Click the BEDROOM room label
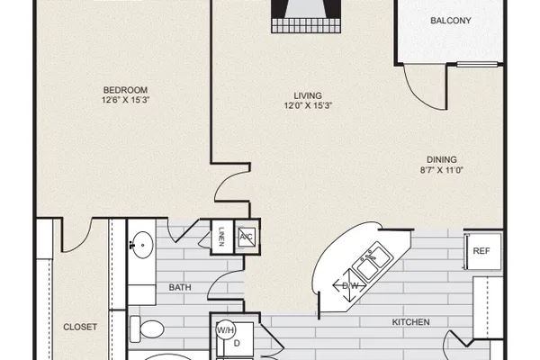tap(125, 90)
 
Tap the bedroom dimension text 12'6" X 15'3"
tap(125, 100)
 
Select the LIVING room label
tap(308, 95)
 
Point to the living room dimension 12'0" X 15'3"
tap(308, 105)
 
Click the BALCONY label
tap(451, 21)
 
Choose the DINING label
tap(442, 159)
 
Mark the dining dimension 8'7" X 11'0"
tap(442, 170)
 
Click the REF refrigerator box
tap(482, 251)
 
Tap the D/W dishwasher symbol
tap(349, 285)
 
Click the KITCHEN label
tap(411, 322)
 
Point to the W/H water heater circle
tap(225, 330)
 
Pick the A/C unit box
tap(247, 237)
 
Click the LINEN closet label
tap(221, 237)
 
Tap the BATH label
tap(180, 287)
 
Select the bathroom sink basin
tap(143, 245)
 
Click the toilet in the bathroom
tap(147, 329)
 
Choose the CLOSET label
tap(80, 327)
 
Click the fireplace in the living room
tap(306, 16)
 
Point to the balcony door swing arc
tap(418, 94)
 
